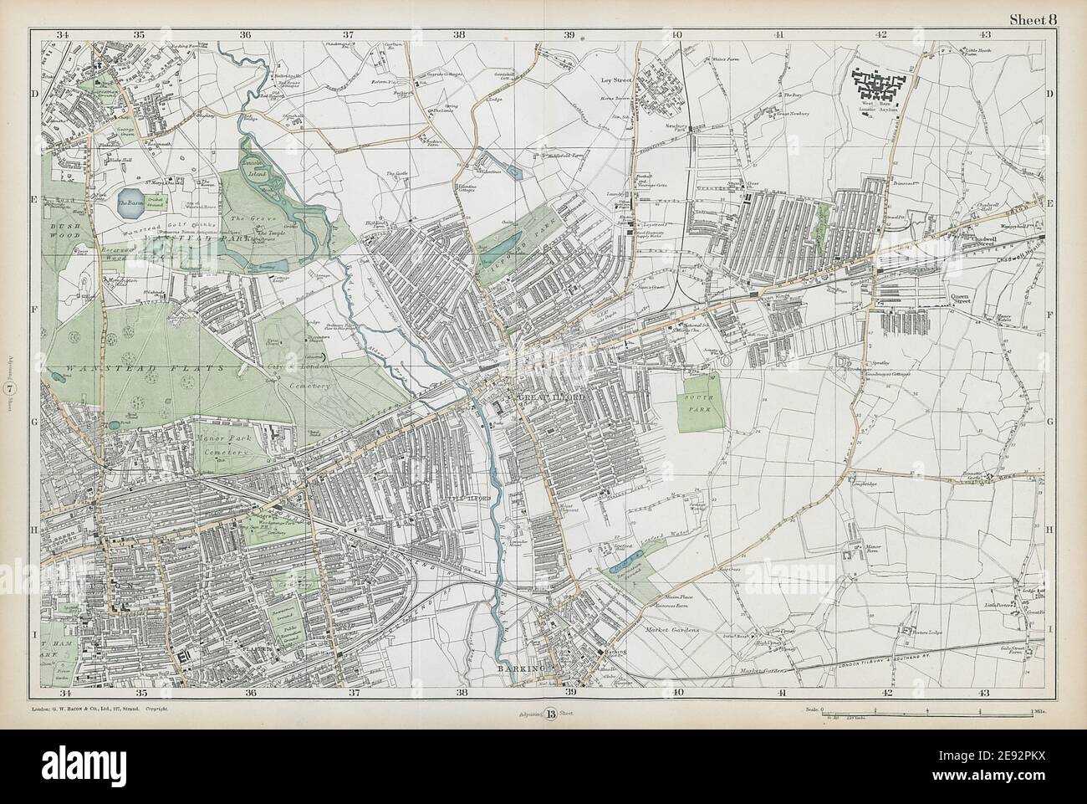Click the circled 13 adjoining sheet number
click(551, 713)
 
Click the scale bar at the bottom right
click(927, 710)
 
